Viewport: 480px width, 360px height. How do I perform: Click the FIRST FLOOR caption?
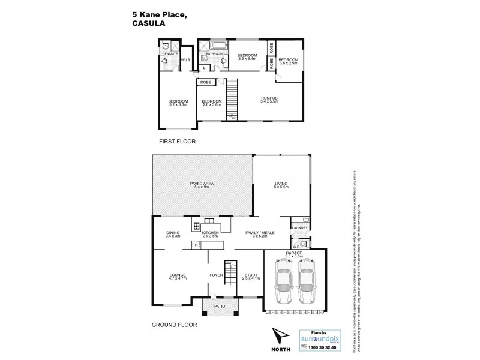pyautogui.click(x=177, y=142)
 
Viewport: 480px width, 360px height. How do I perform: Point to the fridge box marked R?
pyautogui.click(x=196, y=245)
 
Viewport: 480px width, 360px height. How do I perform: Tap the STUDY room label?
pyautogui.click(x=251, y=277)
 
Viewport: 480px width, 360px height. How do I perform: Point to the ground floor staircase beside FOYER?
pyautogui.click(x=229, y=274)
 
